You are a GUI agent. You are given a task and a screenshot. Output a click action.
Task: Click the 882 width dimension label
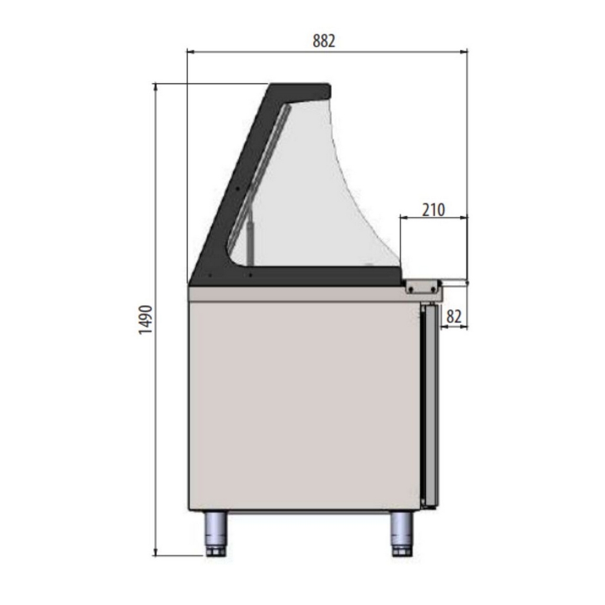tap(324, 41)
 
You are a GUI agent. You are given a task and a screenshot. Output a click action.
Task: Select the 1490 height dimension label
tap(146, 320)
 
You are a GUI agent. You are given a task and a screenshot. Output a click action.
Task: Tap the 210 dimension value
tap(433, 210)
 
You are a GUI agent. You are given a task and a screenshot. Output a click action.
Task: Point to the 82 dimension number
tap(454, 317)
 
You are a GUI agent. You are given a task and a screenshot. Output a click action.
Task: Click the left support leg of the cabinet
tap(215, 534)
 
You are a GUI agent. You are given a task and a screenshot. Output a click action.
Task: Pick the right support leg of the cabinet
tap(402, 534)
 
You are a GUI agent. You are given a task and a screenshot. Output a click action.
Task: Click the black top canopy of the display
tap(300, 91)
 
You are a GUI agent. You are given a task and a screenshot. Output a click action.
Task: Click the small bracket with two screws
tap(423, 288)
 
